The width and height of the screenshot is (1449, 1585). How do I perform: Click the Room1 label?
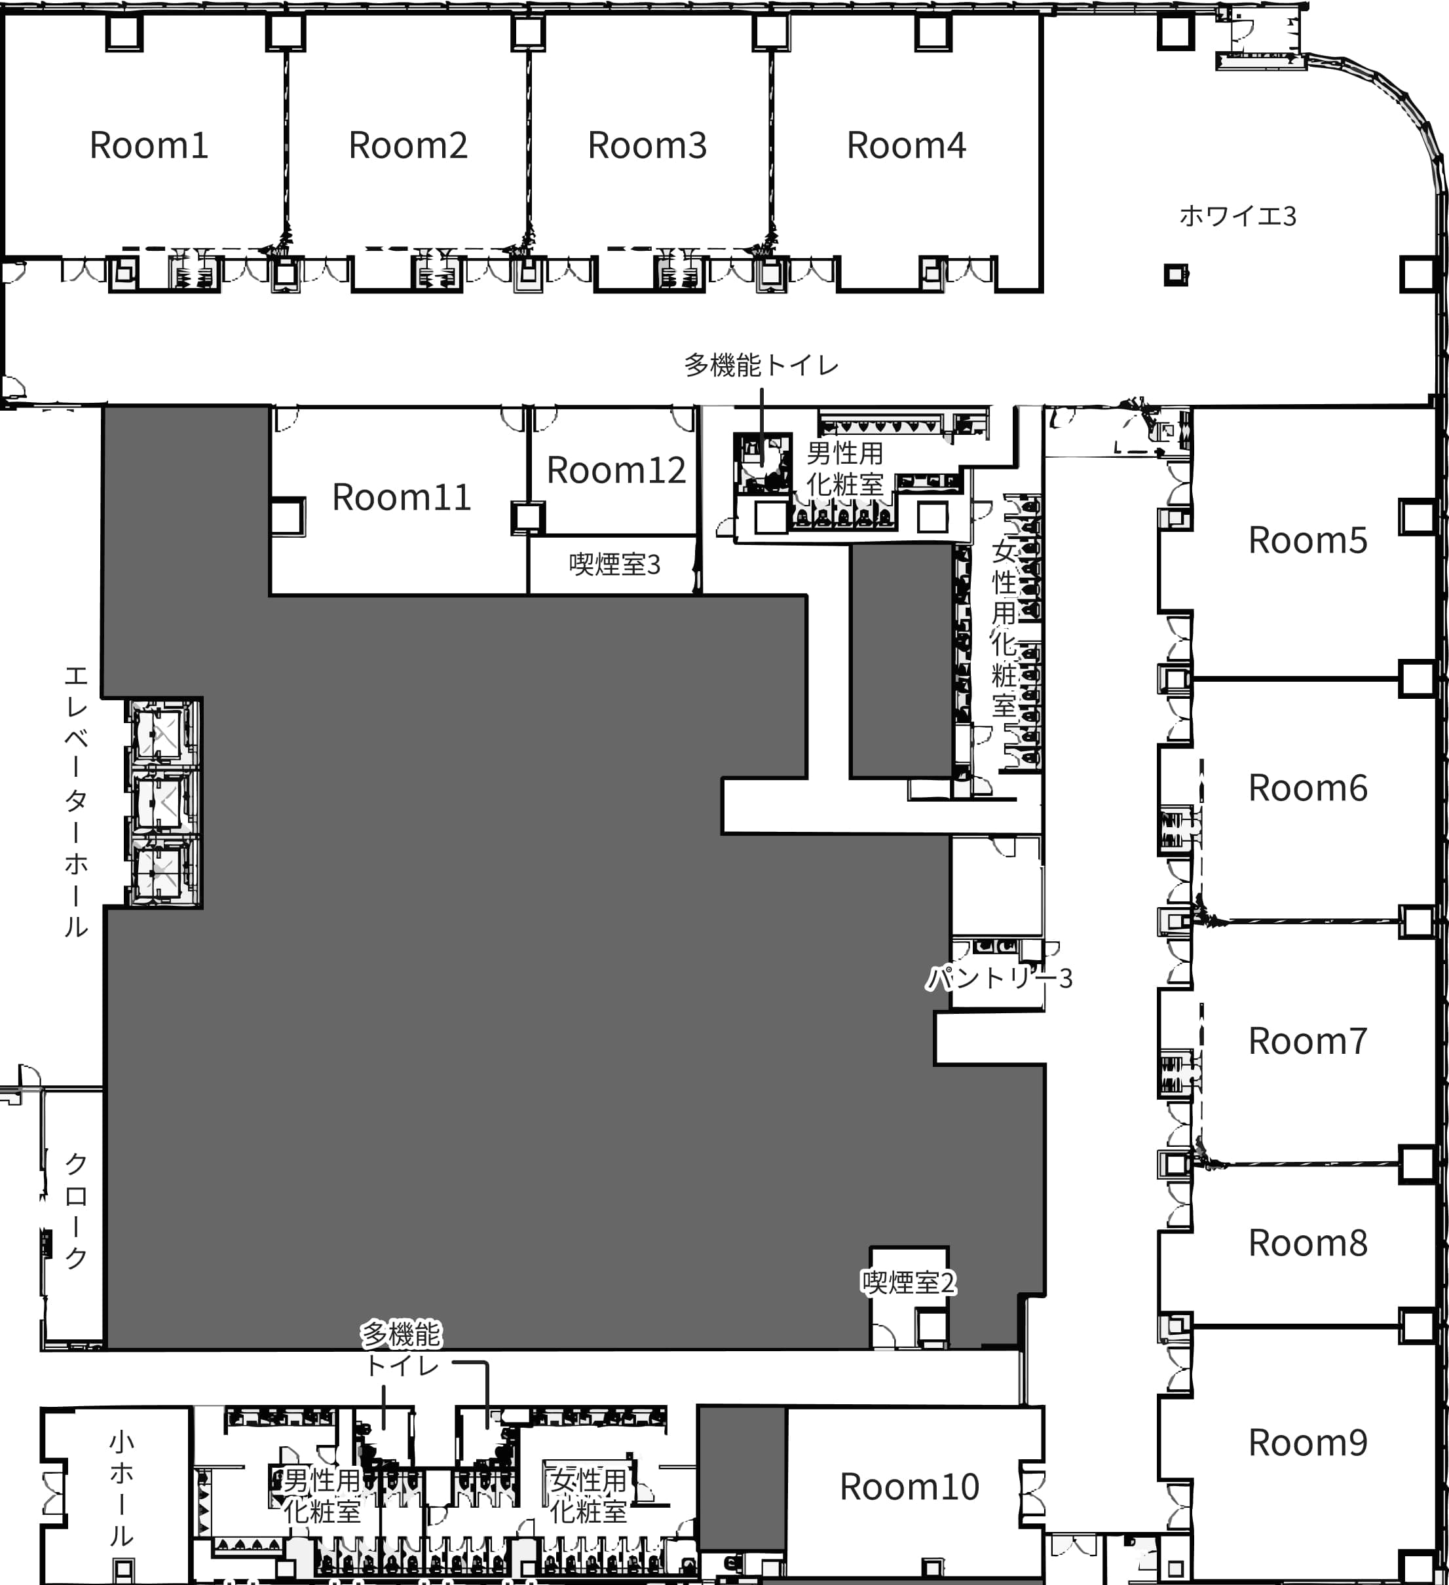[x=149, y=145]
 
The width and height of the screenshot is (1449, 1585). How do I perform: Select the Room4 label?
[x=907, y=145]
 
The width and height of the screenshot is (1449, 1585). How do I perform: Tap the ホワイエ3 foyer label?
[x=1237, y=215]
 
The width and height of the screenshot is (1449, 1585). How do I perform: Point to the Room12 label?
[x=616, y=470]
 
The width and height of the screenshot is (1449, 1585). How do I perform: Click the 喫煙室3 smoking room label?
[x=615, y=564]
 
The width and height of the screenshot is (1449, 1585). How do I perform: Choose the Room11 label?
[x=402, y=497]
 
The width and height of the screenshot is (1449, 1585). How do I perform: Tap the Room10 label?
[x=910, y=1487]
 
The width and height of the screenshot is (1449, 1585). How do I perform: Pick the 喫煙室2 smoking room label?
[x=909, y=1282]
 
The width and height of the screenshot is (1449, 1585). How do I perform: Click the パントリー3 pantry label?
[x=999, y=978]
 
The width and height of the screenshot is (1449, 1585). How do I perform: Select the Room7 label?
[x=1308, y=1041]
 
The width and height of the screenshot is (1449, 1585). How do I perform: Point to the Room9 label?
[x=1308, y=1443]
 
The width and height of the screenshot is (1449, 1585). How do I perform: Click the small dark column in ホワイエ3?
[x=1176, y=274]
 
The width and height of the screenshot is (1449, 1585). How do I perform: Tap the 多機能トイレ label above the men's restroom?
[x=761, y=365]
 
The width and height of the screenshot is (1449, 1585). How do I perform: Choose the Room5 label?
[x=1308, y=540]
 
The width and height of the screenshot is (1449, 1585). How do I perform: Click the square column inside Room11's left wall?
[x=288, y=517]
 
